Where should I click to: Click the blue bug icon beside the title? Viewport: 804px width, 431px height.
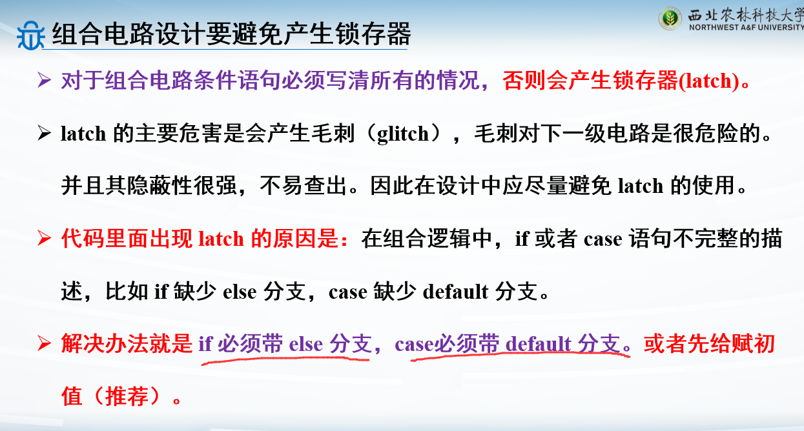click(30, 35)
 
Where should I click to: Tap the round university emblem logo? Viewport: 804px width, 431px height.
click(670, 19)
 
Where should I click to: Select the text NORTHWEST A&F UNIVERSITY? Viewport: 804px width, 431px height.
click(747, 27)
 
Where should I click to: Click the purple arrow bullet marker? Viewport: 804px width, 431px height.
click(44, 80)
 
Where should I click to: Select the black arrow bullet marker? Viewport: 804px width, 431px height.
click(44, 133)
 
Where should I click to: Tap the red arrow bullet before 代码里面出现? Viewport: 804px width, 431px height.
click(44, 239)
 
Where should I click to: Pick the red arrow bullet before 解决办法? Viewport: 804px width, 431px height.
click(44, 343)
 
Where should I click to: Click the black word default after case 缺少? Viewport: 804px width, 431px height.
click(455, 292)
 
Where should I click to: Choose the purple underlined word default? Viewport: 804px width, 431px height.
click(538, 344)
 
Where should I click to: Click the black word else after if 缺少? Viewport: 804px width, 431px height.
click(240, 292)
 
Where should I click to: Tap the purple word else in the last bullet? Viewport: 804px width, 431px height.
click(306, 344)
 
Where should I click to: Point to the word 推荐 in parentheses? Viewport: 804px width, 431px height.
click(127, 396)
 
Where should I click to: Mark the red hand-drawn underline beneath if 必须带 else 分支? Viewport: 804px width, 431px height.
click(285, 359)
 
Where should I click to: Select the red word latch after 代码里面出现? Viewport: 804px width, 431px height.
click(221, 239)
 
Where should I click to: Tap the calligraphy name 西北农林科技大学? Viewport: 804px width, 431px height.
click(746, 15)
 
